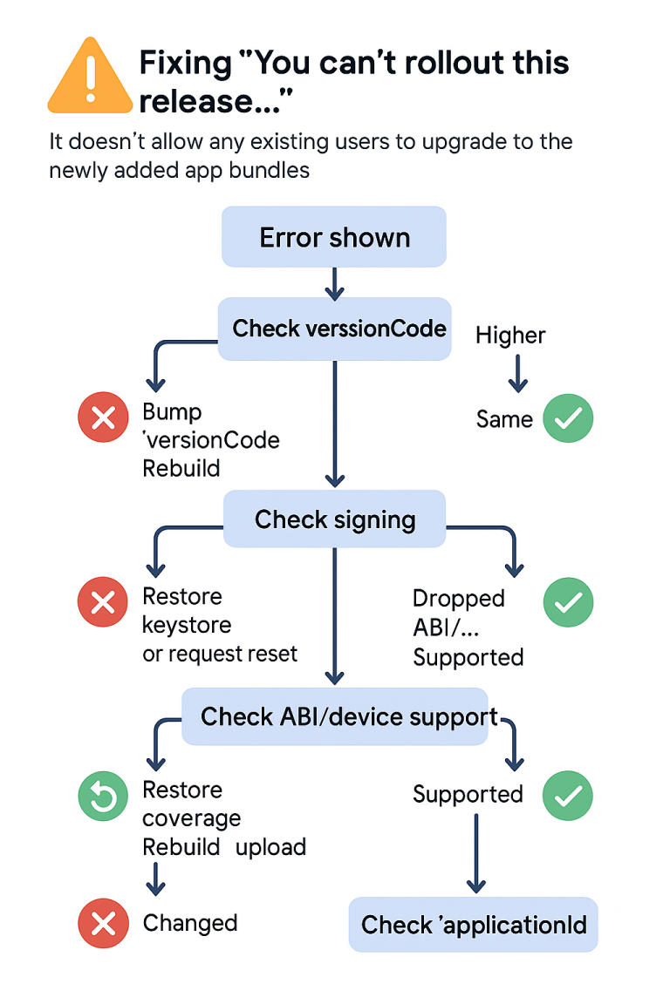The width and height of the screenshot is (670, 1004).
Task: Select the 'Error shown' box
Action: [334, 237]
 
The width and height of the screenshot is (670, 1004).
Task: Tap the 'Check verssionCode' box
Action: [335, 329]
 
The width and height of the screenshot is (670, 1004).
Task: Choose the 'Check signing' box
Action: [335, 519]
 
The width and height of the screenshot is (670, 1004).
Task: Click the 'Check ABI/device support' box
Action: [335, 716]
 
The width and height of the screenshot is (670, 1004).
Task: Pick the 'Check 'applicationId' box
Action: [474, 925]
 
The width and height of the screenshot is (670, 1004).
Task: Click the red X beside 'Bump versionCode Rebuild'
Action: [103, 419]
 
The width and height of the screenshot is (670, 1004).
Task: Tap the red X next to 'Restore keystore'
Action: [103, 602]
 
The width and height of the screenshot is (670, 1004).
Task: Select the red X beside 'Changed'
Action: [103, 923]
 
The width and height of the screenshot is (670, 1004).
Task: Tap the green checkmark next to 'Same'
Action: [568, 419]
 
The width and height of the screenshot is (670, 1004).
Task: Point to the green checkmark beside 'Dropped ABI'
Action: [568, 602]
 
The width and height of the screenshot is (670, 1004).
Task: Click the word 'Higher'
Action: [510, 336]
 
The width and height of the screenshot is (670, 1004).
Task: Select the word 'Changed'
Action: [190, 923]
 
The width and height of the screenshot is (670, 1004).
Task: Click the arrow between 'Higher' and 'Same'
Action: [517, 373]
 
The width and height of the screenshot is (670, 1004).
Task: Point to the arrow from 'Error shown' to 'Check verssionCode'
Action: [335, 282]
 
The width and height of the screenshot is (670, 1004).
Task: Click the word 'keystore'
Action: [187, 625]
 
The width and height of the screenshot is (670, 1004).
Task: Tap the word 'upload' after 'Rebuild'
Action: [270, 847]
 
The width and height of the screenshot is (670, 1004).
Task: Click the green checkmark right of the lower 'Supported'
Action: [568, 795]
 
